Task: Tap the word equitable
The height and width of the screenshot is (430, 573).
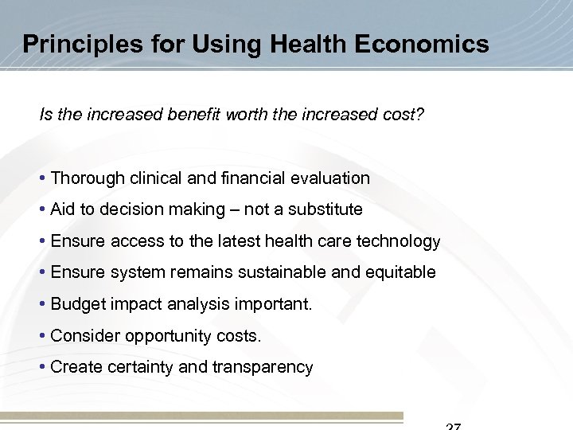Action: click(x=400, y=272)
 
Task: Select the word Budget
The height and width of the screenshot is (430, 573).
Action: click(x=76, y=304)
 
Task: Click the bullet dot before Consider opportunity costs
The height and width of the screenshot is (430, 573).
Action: click(x=43, y=336)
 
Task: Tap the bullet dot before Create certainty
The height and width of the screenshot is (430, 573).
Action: click(x=43, y=367)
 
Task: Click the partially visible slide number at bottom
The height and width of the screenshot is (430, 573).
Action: click(x=452, y=426)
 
